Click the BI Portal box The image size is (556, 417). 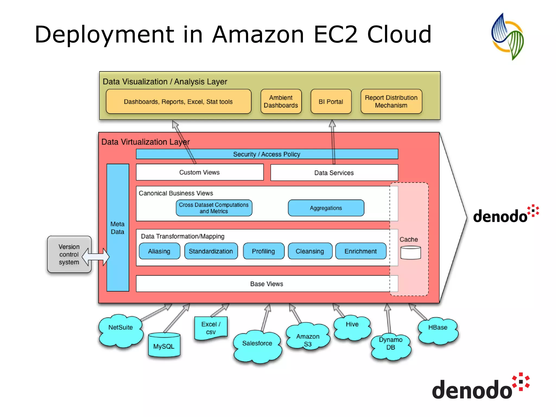331,102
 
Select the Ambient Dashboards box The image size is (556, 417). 281,102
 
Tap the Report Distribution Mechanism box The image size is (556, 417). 391,102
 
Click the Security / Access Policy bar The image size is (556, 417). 267,154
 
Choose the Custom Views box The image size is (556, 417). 200,172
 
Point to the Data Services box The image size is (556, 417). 334,173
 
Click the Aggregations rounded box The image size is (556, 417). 326,208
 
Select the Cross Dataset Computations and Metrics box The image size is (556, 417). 214,208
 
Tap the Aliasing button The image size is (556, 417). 159,251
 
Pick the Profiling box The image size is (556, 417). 263,251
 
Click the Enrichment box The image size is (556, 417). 361,251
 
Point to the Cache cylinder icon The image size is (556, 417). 410,253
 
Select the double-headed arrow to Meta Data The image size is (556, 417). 96,257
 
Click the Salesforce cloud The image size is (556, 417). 257,346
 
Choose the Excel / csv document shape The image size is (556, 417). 211,328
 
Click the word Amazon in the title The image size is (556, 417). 258,34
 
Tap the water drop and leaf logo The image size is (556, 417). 507,36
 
